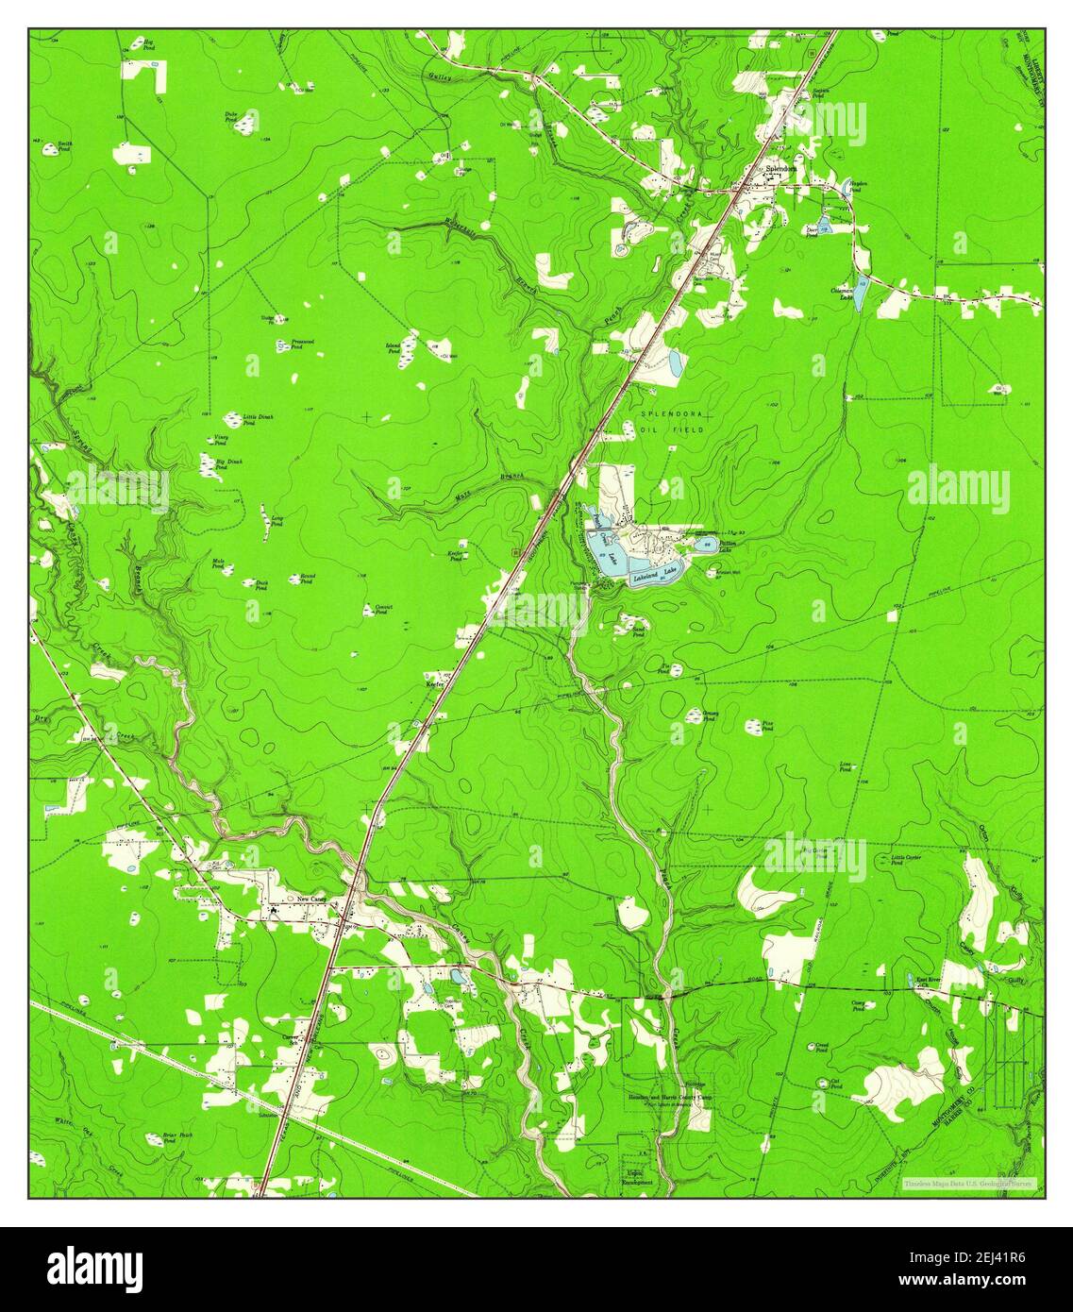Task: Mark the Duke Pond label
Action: coord(231,116)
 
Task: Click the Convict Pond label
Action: coord(382,610)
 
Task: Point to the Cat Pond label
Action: coord(834,1084)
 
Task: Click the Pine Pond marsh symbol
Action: coord(755,726)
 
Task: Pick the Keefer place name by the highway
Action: coord(434,684)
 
